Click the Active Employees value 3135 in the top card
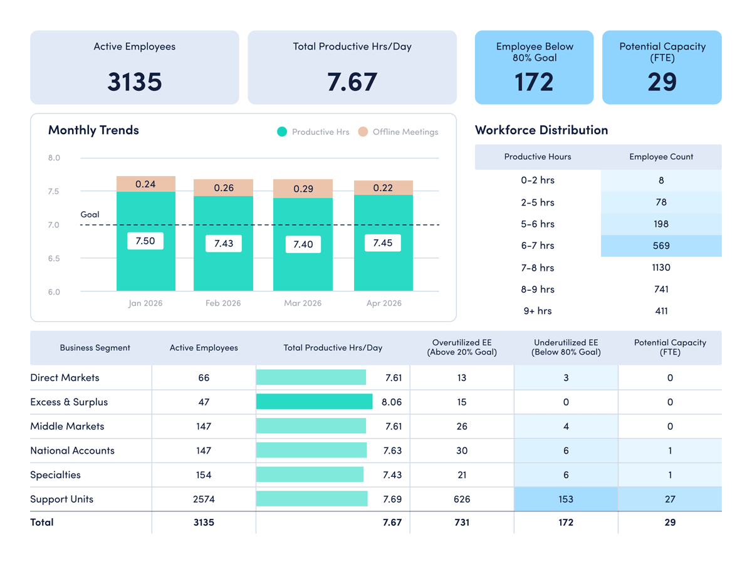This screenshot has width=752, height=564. click(134, 82)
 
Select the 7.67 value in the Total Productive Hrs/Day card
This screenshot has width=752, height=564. click(352, 82)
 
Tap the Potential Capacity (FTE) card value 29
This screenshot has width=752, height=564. click(662, 82)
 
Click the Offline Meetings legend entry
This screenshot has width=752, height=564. click(399, 132)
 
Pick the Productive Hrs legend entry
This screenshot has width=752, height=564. click(313, 132)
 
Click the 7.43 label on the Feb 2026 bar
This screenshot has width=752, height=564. click(224, 244)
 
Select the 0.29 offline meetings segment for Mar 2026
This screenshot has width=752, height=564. click(303, 189)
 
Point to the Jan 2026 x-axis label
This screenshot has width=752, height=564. click(145, 303)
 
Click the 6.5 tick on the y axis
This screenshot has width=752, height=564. click(54, 259)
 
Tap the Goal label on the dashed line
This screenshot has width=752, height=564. click(90, 214)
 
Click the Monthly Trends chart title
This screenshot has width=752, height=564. click(93, 130)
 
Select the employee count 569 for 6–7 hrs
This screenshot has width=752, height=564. click(661, 246)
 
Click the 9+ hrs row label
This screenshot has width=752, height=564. click(537, 311)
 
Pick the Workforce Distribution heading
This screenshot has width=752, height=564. click(541, 130)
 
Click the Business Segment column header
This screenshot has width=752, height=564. click(95, 348)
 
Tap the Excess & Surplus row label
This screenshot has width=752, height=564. click(69, 402)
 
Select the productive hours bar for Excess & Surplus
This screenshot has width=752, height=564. click(314, 402)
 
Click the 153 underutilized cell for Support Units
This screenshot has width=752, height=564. click(566, 499)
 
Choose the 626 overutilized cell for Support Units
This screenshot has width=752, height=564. click(462, 499)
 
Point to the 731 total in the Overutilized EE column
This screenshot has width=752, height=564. click(462, 522)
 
